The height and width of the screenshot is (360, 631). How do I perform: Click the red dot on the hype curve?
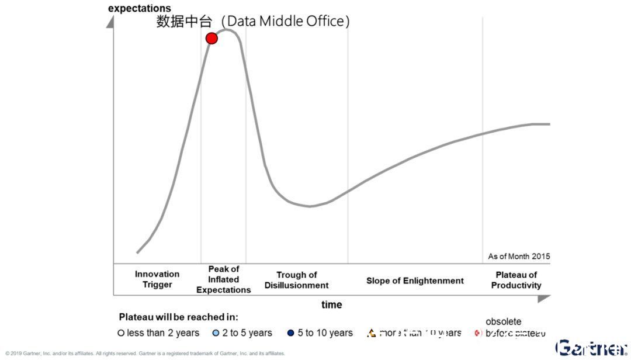(212, 39)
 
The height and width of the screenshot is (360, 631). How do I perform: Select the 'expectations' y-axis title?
(140, 8)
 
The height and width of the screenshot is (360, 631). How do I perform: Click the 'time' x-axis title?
(331, 304)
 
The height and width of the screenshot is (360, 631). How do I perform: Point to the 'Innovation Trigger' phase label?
(157, 279)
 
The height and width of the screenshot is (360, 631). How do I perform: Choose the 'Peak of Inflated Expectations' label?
(223, 279)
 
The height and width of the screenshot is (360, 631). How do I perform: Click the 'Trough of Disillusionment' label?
(296, 280)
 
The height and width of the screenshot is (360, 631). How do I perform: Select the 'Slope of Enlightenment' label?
(415, 281)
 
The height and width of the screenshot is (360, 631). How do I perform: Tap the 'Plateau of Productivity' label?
(516, 280)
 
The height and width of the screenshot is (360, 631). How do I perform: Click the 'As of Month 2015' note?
(519, 256)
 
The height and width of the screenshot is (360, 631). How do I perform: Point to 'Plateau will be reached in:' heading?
(178, 317)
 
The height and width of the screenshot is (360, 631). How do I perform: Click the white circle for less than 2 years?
(122, 333)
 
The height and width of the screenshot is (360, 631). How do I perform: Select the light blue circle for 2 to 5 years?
(216, 333)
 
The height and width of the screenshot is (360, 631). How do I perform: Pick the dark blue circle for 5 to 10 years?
(291, 333)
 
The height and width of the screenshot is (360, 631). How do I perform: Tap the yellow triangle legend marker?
(370, 333)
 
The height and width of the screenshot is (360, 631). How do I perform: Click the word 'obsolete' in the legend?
(503, 321)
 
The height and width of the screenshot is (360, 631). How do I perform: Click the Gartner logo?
(590, 348)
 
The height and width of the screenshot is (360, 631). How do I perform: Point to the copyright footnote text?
(145, 354)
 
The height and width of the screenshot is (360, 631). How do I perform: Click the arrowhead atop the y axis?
(110, 22)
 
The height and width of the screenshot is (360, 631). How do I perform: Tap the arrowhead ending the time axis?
(544, 298)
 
